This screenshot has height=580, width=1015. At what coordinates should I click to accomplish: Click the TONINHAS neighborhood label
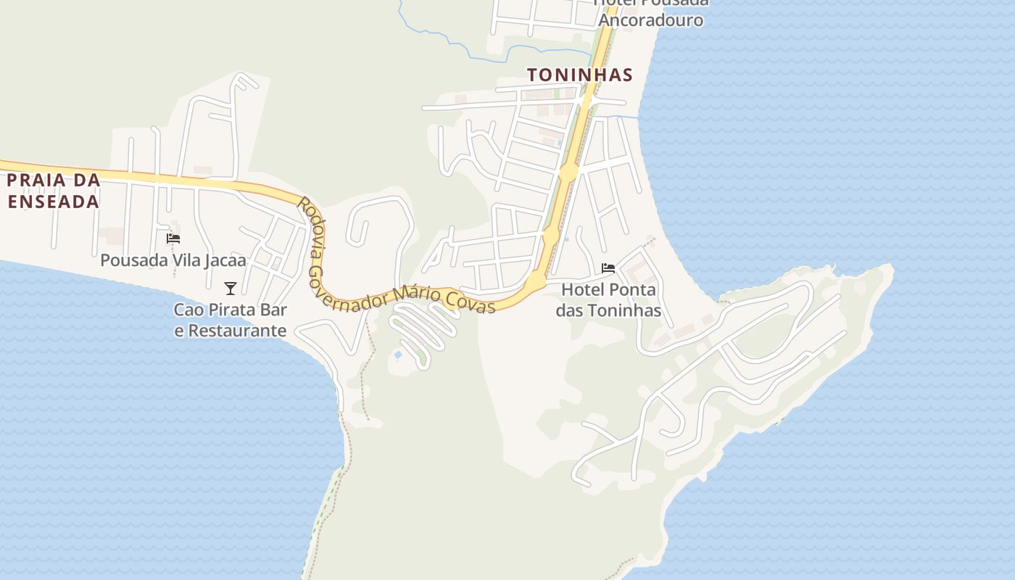[579, 75]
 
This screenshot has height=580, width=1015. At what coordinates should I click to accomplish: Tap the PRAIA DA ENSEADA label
[53, 191]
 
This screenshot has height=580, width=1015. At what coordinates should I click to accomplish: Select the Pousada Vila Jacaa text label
[173, 260]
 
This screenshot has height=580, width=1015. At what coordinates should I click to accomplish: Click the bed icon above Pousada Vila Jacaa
[173, 238]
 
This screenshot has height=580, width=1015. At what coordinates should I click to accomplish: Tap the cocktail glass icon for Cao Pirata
[231, 289]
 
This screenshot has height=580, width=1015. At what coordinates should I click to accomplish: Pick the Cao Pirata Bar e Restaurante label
[231, 320]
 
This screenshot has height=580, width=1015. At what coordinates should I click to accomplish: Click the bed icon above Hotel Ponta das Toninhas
[608, 268]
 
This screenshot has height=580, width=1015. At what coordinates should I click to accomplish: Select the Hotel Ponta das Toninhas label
[608, 299]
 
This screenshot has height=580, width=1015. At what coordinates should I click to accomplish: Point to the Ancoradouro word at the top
[650, 20]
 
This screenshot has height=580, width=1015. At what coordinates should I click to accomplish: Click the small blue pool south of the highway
[398, 355]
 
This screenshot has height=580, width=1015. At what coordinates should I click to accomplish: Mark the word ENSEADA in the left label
[53, 201]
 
